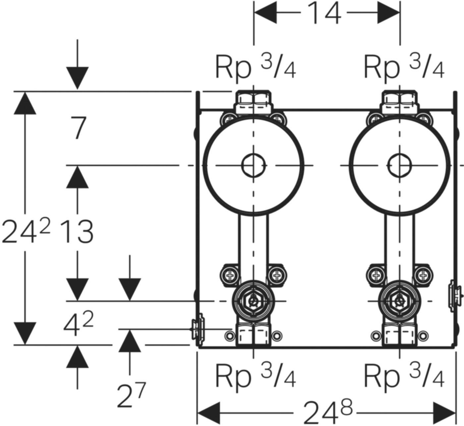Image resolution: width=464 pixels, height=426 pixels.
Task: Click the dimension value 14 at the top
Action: [x=324, y=13]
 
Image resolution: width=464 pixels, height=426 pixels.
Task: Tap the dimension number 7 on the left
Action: [x=79, y=128]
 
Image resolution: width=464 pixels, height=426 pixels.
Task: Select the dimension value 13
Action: [x=78, y=231]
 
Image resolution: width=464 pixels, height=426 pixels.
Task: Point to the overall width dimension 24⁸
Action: [x=328, y=412]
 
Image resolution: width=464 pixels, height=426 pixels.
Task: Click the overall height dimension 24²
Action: [x=26, y=231]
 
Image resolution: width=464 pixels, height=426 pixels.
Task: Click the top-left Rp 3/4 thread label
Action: [x=255, y=67]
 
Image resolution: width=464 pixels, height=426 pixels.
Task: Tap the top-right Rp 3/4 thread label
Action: [x=404, y=67]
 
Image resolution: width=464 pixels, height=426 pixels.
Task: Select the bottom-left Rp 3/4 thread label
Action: [x=255, y=376]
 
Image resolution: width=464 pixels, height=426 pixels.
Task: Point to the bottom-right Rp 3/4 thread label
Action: [x=404, y=376]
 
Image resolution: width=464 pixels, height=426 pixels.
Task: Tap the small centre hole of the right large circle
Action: [x=399, y=165]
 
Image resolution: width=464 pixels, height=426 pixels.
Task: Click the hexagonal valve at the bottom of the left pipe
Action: [x=254, y=301]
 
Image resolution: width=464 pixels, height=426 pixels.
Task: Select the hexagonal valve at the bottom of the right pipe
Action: [x=399, y=301]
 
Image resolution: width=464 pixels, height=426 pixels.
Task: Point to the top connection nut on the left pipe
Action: [x=254, y=102]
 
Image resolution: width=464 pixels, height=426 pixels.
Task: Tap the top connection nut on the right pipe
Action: [x=399, y=102]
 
